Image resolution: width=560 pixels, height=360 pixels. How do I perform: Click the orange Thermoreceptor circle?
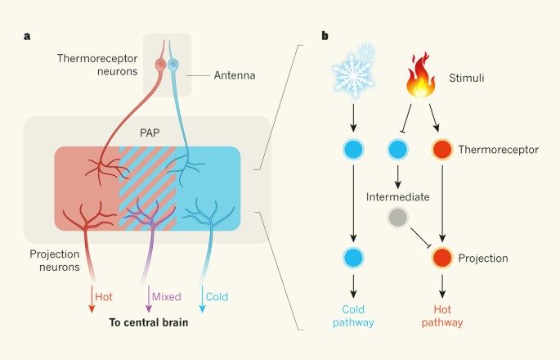(x=441, y=151)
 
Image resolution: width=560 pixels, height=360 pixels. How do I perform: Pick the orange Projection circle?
(x=441, y=258)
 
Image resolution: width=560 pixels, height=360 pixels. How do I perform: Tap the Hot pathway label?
(x=441, y=316)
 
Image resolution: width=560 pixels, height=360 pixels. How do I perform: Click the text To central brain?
(x=149, y=322)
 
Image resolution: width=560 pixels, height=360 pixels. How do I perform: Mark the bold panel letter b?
(x=326, y=35)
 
